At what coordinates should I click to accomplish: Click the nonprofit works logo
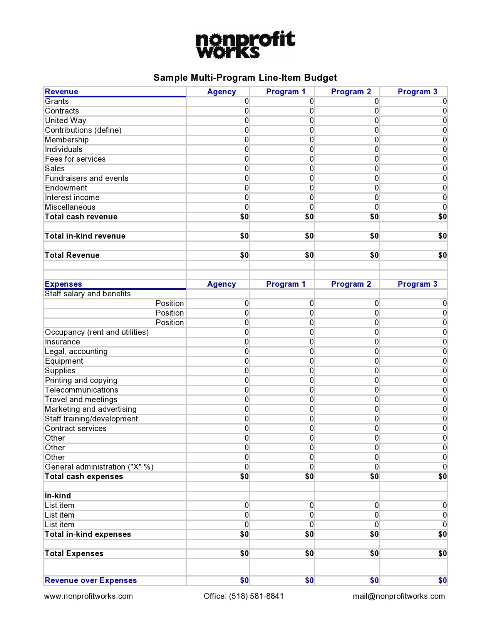[245, 45]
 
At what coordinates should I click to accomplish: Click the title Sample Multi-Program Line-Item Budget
[245, 78]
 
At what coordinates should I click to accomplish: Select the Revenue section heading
[61, 92]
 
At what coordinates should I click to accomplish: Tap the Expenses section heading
[63, 284]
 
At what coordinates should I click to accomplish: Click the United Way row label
[65, 120]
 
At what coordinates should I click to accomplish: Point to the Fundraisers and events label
[87, 178]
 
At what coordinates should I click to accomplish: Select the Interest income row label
[72, 197]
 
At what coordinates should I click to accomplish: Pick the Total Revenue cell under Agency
[244, 255]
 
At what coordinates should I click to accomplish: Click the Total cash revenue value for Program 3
[442, 217]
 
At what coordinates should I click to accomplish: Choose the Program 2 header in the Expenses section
[351, 284]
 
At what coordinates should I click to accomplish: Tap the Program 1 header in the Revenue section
[286, 92]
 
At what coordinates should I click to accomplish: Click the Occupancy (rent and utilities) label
[97, 332]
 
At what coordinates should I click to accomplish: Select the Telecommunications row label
[81, 390]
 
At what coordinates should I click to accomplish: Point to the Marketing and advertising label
[90, 409]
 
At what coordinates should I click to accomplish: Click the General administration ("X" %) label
[99, 467]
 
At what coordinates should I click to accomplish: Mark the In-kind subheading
[58, 496]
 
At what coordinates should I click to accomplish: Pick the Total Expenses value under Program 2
[374, 553]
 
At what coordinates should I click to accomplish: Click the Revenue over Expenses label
[90, 580]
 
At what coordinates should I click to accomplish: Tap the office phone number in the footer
[244, 596]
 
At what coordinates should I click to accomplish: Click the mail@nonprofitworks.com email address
[399, 596]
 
